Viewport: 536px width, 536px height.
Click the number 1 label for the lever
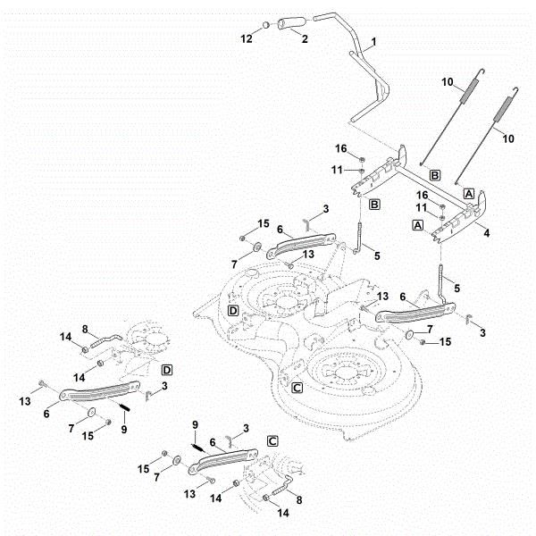point(373,42)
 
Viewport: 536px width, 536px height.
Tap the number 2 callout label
point(305,38)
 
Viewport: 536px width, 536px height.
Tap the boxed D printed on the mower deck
point(232,311)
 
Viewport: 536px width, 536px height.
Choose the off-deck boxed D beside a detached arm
point(166,369)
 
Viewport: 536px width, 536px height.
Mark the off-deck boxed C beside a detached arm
point(272,441)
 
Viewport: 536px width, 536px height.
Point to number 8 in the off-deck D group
point(85,329)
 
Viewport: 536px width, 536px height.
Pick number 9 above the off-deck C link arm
point(194,424)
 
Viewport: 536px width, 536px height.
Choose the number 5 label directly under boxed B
point(376,255)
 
